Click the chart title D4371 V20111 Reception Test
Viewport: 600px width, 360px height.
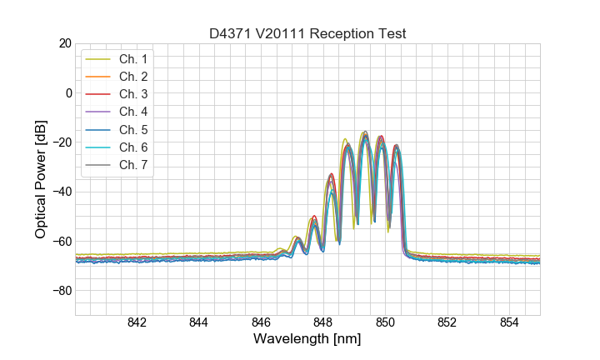(x=307, y=33)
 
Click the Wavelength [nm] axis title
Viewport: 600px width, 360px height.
(x=307, y=340)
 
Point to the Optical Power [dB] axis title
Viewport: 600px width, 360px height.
(x=41, y=179)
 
